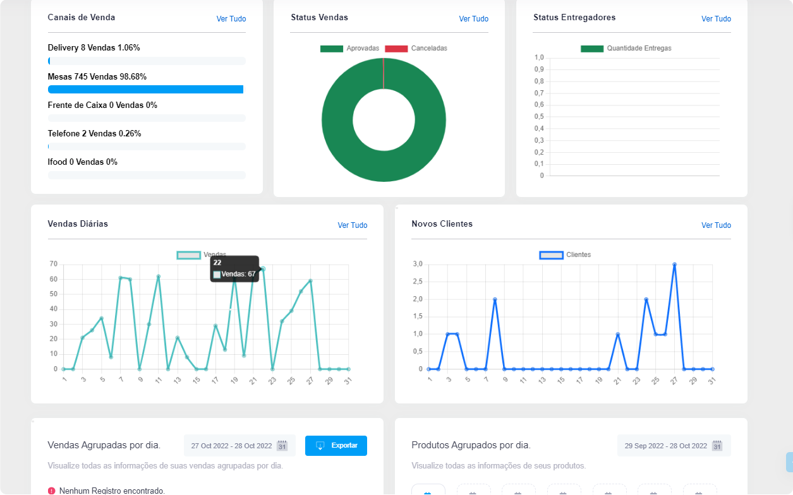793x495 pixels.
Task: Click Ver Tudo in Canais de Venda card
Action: coord(231,19)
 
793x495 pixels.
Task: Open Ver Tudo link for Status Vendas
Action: coord(473,19)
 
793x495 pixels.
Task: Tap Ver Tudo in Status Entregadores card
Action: coord(716,19)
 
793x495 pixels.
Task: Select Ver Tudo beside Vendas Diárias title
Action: coord(352,225)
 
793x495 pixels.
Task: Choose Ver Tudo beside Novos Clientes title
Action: coord(716,225)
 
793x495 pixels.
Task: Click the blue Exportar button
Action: coord(336,446)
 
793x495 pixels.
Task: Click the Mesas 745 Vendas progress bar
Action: coord(145,90)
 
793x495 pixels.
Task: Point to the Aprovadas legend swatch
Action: coord(331,49)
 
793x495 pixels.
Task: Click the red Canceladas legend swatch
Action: coord(396,49)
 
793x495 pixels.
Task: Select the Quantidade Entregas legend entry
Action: coord(626,49)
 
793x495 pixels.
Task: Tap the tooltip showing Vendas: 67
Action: coord(234,269)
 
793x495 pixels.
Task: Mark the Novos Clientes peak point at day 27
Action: coord(674,265)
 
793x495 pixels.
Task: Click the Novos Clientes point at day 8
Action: coord(495,299)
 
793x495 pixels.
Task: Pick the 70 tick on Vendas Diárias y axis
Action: coord(54,264)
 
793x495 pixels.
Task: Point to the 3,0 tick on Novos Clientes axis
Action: coord(418,264)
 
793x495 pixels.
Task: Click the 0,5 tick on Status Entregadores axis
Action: coord(539,117)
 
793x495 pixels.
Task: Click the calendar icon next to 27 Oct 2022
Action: coord(282,446)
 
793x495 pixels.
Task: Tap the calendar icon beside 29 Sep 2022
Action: coord(717,446)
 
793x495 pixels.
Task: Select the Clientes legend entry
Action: coord(566,255)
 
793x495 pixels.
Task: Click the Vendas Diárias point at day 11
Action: coord(159,277)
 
